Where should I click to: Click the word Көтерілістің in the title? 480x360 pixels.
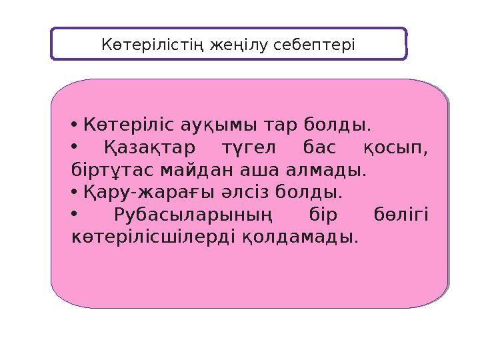pyautogui.click(x=153, y=45)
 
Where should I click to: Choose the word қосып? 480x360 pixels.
pyautogui.click(x=396, y=147)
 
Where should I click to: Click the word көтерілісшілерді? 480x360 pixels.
pyautogui.click(x=153, y=237)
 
